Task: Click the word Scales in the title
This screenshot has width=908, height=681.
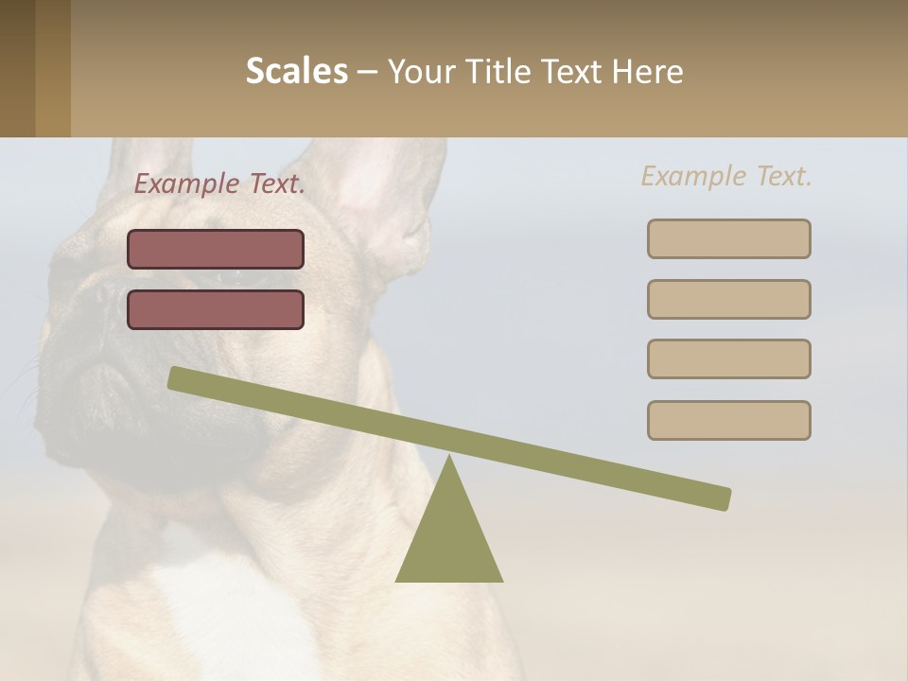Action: click(x=296, y=71)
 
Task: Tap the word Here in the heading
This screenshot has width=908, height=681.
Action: click(x=648, y=72)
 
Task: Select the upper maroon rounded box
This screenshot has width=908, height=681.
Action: click(x=216, y=249)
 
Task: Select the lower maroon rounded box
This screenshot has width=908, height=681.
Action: click(x=216, y=309)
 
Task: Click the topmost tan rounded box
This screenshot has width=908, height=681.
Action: click(x=728, y=238)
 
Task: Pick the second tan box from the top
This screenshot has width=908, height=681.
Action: click(x=728, y=299)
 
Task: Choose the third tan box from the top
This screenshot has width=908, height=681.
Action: click(x=728, y=358)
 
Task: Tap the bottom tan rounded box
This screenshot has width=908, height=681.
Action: click(x=728, y=420)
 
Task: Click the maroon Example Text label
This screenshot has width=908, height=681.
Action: click(x=219, y=184)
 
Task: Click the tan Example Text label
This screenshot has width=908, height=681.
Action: click(x=726, y=176)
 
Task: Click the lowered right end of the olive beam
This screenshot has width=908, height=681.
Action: click(x=719, y=498)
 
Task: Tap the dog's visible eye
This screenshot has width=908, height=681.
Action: click(x=227, y=276)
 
